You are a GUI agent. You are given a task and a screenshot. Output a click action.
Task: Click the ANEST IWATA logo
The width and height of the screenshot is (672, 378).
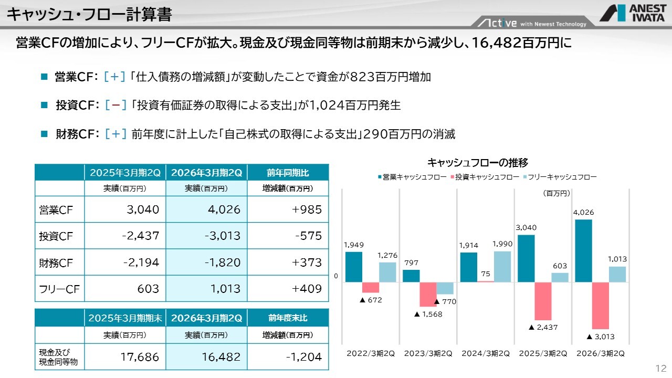coord(632,13)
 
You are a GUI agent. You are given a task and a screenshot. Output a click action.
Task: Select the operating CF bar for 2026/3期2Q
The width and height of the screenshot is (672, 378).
coord(583,251)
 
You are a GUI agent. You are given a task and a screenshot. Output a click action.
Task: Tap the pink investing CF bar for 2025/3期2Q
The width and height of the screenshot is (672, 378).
coord(543,301)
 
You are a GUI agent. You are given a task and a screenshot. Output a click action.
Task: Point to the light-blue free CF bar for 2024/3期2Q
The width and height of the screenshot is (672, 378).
coord(502,267)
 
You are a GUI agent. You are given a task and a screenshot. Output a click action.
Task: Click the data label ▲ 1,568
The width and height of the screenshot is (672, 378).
coord(428,314)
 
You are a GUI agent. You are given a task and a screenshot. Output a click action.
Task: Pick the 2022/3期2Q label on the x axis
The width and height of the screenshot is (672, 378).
coord(371,353)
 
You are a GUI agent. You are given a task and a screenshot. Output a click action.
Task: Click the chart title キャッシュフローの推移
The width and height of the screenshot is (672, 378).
coord(478,162)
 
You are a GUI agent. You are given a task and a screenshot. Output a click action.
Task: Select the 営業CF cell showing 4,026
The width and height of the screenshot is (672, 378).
coord(207,210)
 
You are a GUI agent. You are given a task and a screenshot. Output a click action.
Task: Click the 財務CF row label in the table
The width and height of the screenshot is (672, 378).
coord(56,262)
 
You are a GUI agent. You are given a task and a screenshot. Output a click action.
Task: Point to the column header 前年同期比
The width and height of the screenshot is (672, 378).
coord(288,172)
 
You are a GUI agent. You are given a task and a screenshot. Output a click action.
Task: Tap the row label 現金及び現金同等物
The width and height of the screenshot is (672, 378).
coord(59,357)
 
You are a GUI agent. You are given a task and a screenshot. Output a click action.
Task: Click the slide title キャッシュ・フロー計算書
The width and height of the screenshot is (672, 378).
coord(89,14)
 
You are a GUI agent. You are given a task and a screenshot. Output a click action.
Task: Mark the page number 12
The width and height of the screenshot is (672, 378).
coord(660,367)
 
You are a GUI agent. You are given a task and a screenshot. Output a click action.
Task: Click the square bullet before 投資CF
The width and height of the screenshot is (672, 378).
coord(44,106)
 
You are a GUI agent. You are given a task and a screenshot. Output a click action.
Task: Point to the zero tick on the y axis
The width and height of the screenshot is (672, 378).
coord(335,276)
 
